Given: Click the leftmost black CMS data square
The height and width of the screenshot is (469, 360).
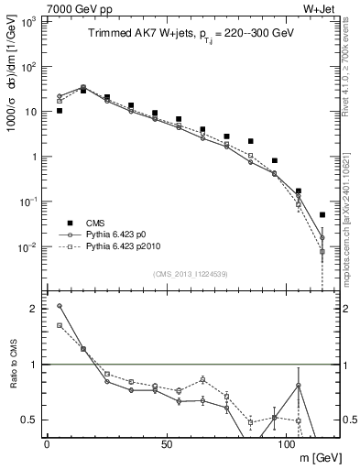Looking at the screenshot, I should point(60,111).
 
